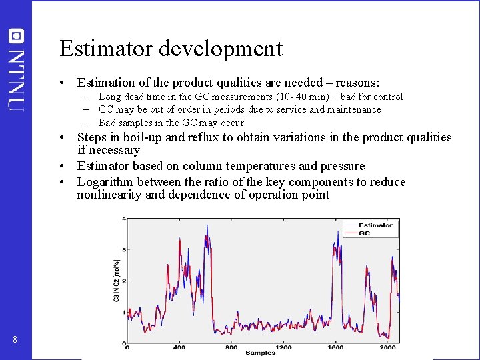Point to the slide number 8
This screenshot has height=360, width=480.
[x=15, y=340]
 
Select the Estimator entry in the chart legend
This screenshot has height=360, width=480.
[x=375, y=225]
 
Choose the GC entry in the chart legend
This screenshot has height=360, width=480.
[x=365, y=233]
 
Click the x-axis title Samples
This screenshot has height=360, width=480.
[x=260, y=353]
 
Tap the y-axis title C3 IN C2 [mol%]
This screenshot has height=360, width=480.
[x=117, y=281]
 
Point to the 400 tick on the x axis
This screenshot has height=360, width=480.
[x=179, y=347]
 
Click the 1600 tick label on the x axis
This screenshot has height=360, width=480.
[x=335, y=347]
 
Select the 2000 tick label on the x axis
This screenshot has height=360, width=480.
[x=387, y=347]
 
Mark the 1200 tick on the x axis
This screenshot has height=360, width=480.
[x=283, y=347]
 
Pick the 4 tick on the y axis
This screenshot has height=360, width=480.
[x=123, y=219]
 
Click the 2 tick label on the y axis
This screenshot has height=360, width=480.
[x=123, y=281]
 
